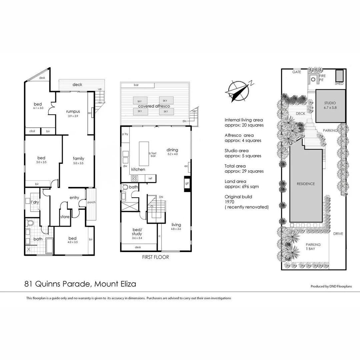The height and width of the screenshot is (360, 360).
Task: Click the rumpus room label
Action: (x=72, y=111)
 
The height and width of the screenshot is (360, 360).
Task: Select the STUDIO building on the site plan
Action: (x=330, y=105)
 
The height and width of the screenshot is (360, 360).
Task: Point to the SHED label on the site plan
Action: (x=339, y=84)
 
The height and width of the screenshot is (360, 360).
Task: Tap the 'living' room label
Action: (x=176, y=224)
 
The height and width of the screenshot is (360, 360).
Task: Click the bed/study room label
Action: (x=137, y=232)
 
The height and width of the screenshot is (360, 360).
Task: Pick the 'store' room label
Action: (x=65, y=217)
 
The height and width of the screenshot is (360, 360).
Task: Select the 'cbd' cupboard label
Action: (x=32, y=131)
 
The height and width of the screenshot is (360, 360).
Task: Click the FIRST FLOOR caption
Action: (x=155, y=257)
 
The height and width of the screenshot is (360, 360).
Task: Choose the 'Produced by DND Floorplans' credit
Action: (x=331, y=286)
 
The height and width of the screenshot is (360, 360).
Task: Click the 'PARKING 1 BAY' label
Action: (x=313, y=247)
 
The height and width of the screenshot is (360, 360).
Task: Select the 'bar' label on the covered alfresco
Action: (x=136, y=85)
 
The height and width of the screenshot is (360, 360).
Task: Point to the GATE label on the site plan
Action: (x=297, y=72)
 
